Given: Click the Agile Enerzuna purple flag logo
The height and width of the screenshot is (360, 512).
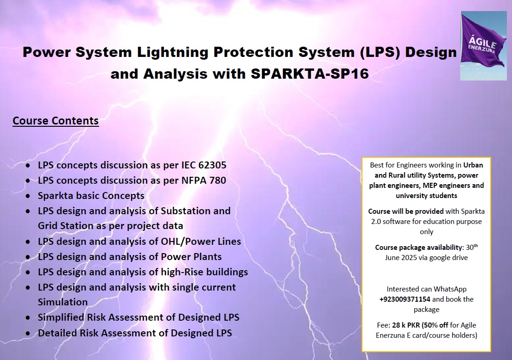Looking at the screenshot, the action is click(x=484, y=46).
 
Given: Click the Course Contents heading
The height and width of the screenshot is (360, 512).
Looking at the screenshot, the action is click(x=56, y=121).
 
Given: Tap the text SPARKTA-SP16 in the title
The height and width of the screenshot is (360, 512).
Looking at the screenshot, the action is click(x=310, y=74).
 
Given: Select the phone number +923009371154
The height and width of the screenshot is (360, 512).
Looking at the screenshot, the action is click(x=405, y=299).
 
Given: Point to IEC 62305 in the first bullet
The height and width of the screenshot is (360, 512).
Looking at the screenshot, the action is click(x=204, y=165).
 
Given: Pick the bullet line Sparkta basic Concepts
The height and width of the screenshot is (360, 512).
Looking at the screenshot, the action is click(x=91, y=196).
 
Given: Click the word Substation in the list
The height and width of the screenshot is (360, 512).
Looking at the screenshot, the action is click(x=186, y=211).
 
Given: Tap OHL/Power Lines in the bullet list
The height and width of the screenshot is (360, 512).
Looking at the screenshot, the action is click(x=201, y=242).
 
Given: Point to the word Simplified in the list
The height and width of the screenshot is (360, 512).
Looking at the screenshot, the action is click(x=61, y=317).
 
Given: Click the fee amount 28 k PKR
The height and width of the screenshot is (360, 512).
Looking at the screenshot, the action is click(x=406, y=325).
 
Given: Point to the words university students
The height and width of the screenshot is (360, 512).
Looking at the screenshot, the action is click(x=426, y=196).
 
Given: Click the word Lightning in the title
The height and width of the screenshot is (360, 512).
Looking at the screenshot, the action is click(x=173, y=53).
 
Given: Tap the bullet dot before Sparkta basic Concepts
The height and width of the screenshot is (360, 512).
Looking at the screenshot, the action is click(x=28, y=196).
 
